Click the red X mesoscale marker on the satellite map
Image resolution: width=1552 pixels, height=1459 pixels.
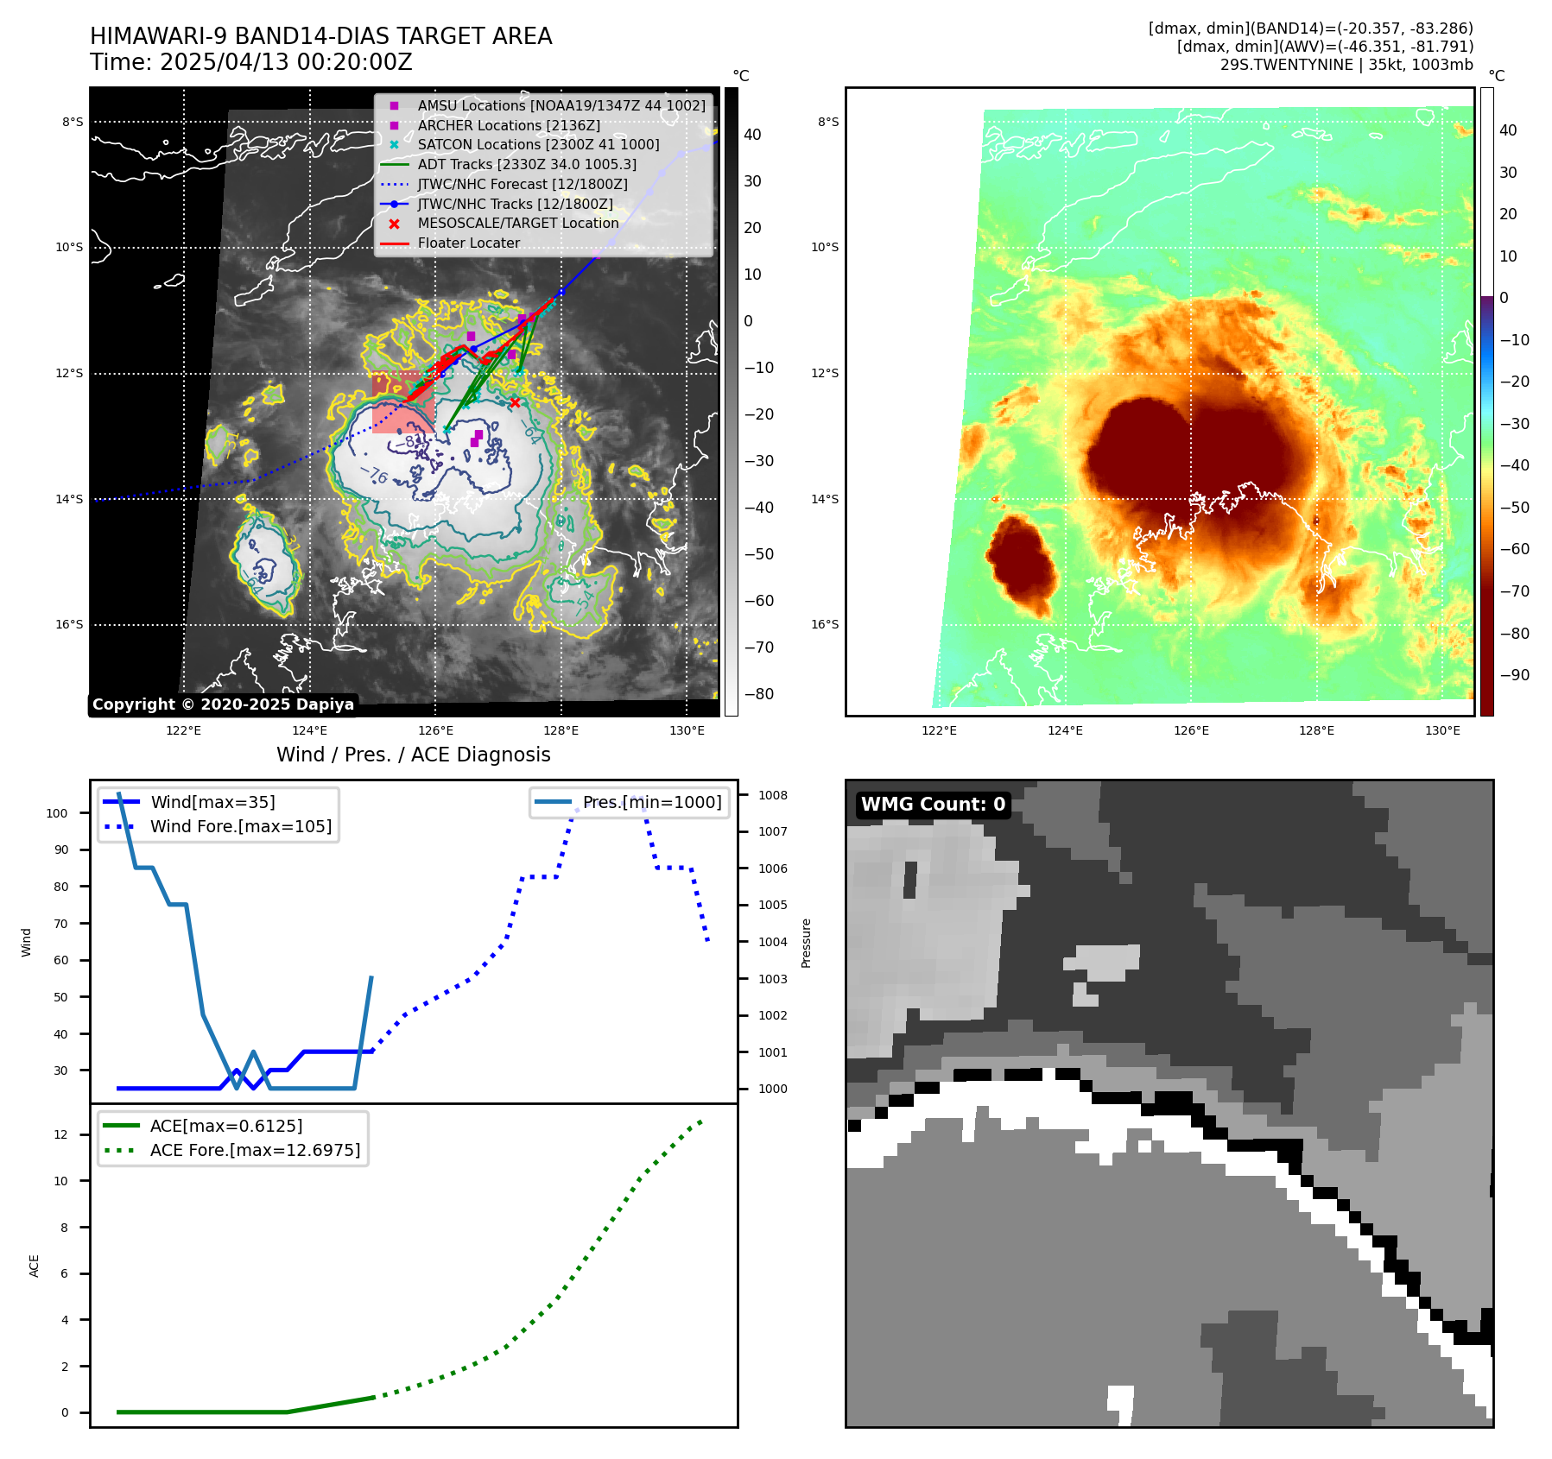point(515,402)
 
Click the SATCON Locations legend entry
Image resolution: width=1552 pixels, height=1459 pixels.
point(538,145)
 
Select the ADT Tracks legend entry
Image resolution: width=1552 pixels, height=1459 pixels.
point(527,164)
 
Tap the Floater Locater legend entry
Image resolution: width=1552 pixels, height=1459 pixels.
point(468,243)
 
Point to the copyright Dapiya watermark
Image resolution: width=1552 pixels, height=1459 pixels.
point(223,704)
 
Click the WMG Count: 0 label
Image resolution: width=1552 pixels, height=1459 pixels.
point(933,805)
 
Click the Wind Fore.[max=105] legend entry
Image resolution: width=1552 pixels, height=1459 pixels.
point(240,826)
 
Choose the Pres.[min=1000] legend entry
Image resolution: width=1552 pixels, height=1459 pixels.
point(651,802)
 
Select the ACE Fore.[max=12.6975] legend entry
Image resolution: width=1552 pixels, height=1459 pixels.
point(255,1150)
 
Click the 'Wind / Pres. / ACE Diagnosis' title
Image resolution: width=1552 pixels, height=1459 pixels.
point(413,755)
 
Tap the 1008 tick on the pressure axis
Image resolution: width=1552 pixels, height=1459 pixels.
point(773,795)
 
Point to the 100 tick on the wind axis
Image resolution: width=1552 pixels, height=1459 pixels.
point(57,813)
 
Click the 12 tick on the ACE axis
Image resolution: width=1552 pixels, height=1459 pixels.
point(60,1134)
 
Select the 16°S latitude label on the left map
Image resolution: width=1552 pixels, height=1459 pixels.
point(70,625)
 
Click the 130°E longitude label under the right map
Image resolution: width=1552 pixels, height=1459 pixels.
point(1442,730)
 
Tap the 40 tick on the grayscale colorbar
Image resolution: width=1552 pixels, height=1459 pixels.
point(752,135)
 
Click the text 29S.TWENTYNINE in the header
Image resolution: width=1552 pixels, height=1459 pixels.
point(1286,65)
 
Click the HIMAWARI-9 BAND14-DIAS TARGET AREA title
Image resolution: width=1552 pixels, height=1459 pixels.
point(320,36)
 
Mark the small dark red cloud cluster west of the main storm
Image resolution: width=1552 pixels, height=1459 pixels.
point(1021,561)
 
